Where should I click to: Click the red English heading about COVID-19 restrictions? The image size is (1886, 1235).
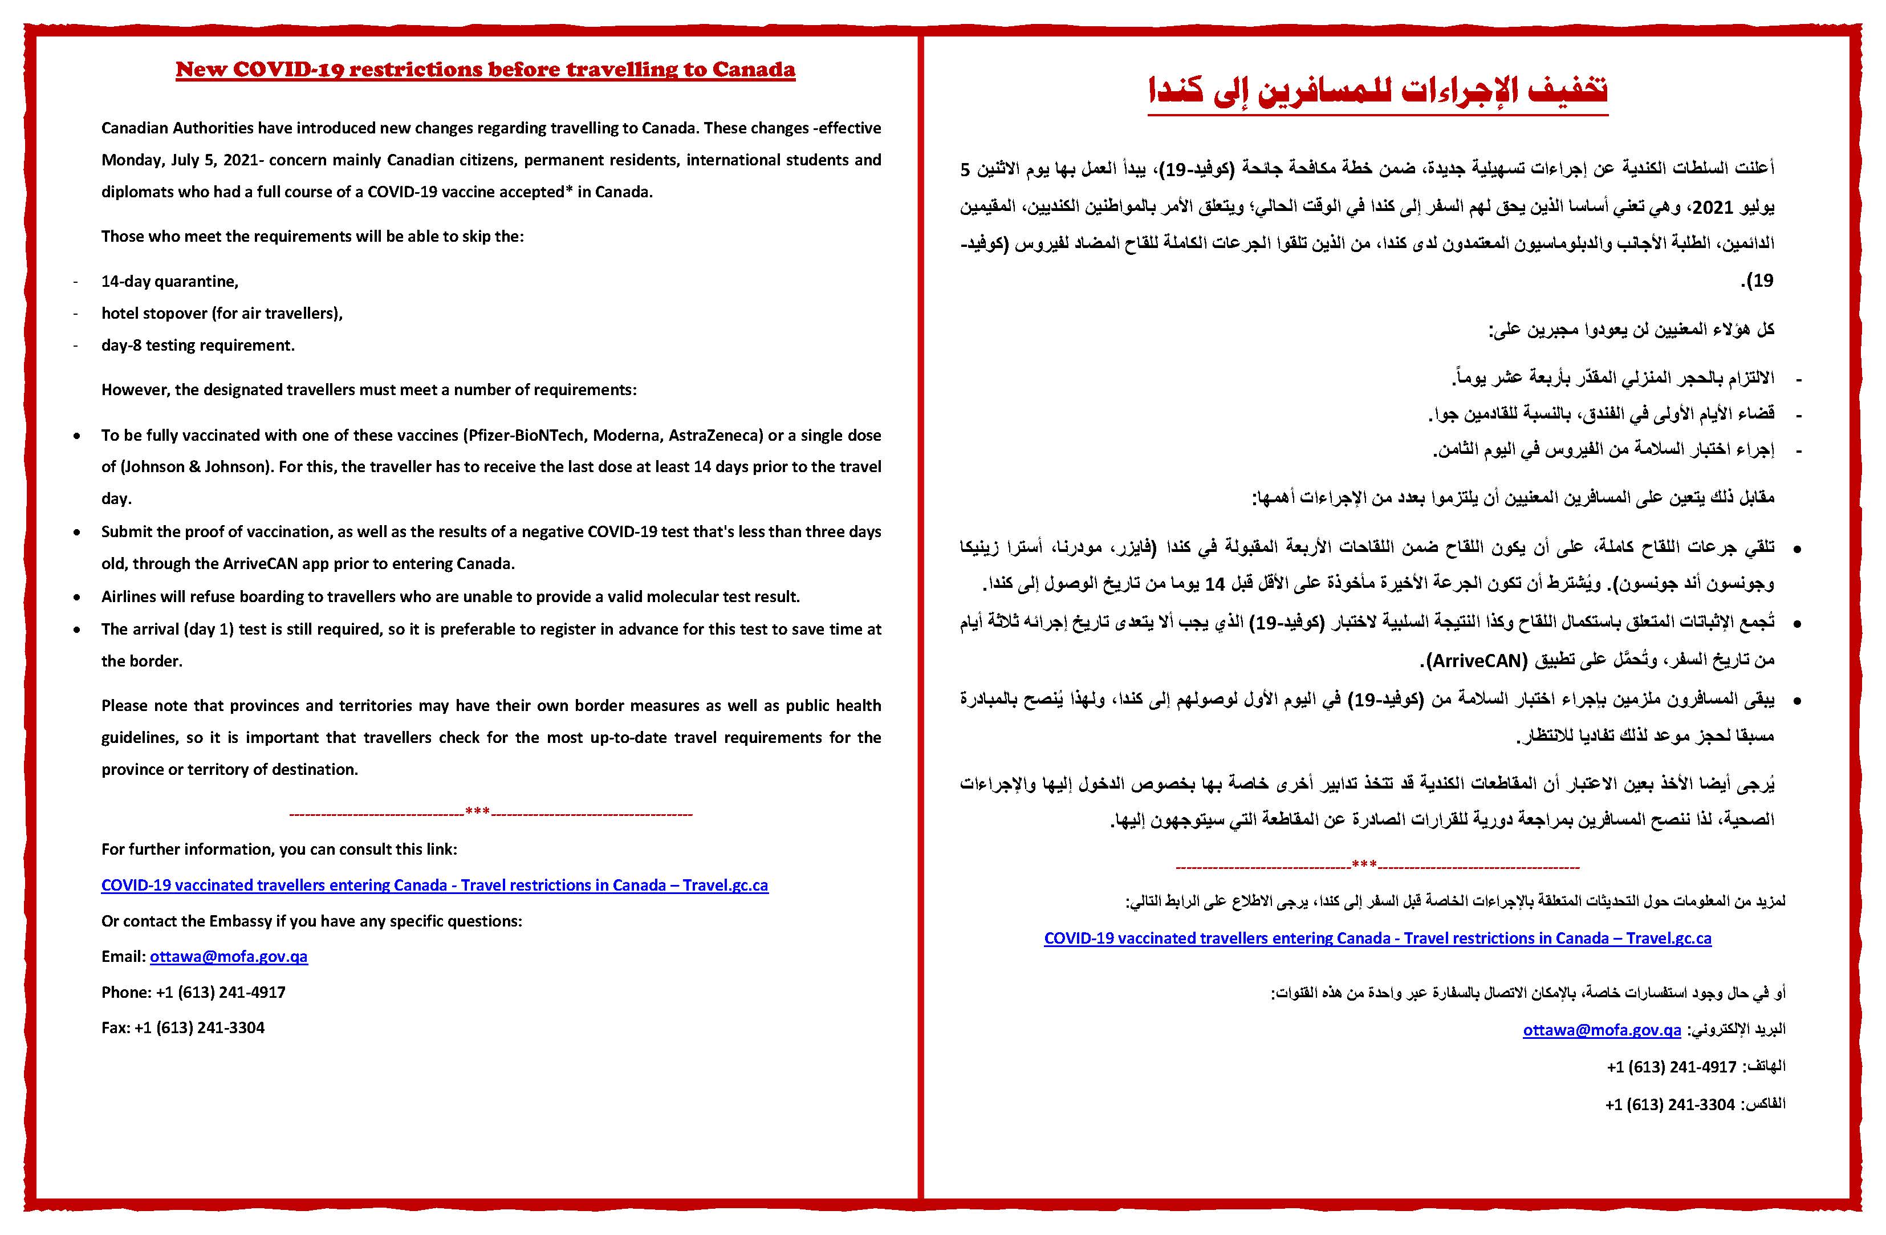point(485,70)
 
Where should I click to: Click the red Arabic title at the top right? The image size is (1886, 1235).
point(1377,92)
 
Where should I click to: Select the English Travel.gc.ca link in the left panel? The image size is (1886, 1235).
point(434,885)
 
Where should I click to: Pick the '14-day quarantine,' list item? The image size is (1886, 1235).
point(169,282)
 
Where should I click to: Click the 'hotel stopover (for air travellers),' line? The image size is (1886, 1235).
point(222,313)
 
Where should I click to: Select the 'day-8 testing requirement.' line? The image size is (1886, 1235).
point(197,346)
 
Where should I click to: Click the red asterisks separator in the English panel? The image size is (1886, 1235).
point(478,812)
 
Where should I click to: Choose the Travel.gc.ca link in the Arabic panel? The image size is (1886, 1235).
point(1377,939)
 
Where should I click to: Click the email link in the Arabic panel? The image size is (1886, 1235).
point(1602,1030)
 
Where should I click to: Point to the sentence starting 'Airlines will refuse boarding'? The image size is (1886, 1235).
point(450,597)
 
